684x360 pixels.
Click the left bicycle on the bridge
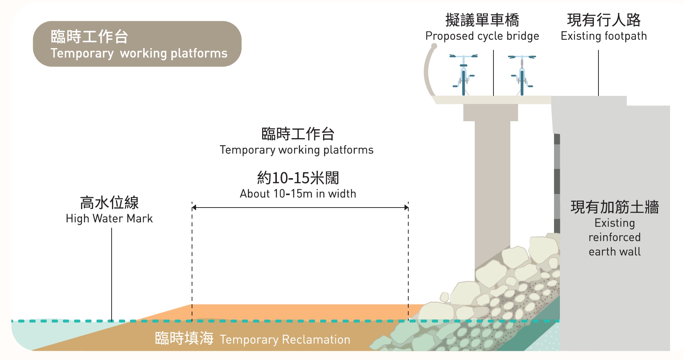pos(463,75)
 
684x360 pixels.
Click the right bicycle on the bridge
pos(522,75)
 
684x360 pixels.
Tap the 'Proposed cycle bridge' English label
pos(482,36)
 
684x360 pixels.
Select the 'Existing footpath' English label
pos(604,36)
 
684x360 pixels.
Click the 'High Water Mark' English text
pos(109,219)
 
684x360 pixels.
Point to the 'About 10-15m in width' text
pos(298,194)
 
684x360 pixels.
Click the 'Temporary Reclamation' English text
pos(285,340)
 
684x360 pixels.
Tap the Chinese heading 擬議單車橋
pos(482,20)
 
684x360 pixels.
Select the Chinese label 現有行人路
pos(604,20)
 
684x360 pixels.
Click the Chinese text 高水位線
pos(109,202)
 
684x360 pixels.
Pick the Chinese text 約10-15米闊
pos(298,178)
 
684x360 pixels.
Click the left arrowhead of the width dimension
pos(194,208)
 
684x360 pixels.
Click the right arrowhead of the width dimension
pos(406,208)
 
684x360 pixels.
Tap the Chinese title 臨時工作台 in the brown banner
pos(89,37)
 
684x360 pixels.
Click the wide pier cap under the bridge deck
pos(491,112)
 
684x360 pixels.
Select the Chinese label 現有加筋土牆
pos(615,207)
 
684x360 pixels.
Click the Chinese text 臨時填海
pos(184,338)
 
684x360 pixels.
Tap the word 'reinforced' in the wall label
pos(615,237)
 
